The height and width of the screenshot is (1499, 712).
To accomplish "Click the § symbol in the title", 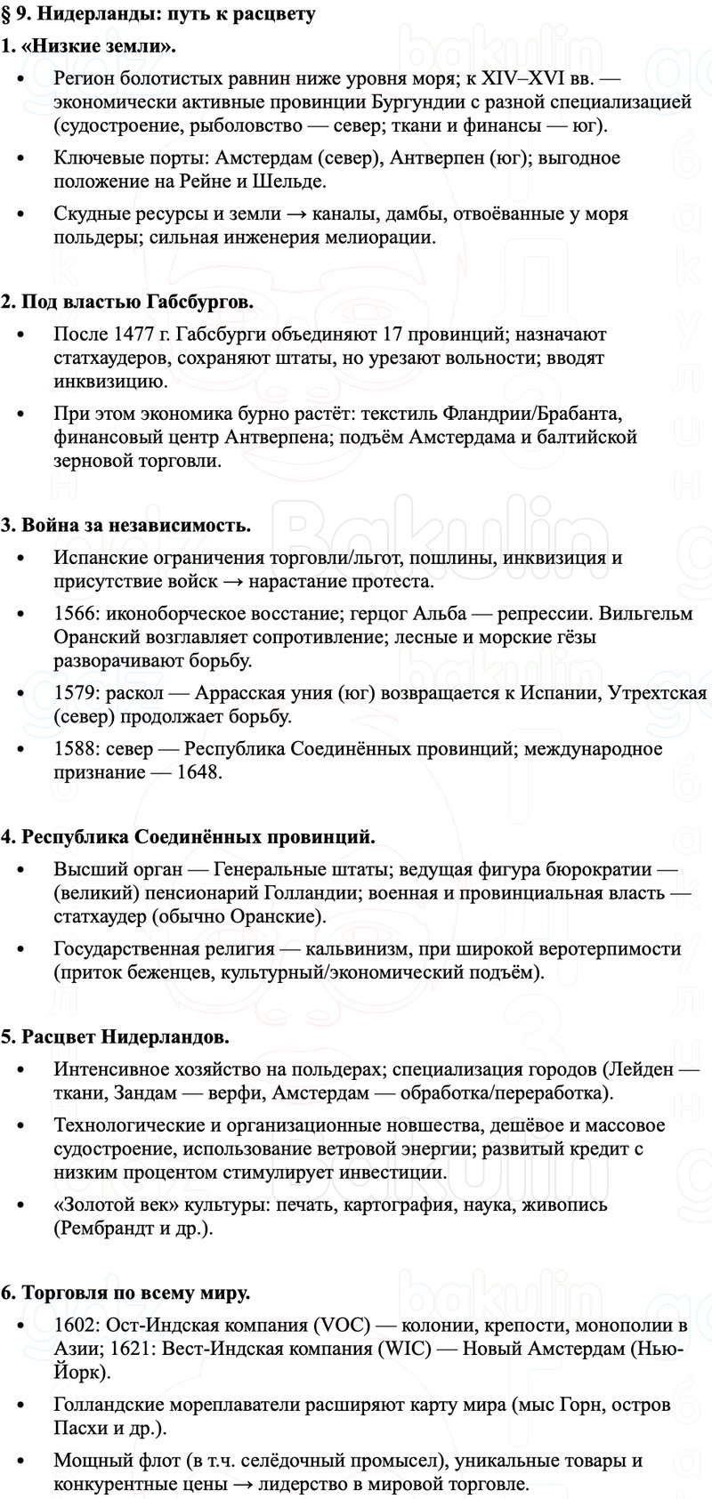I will pyautogui.click(x=7, y=15).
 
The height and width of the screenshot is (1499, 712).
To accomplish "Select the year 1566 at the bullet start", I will pyautogui.click(x=74, y=614).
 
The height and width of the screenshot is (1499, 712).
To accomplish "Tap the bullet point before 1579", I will pyautogui.click(x=21, y=694).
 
